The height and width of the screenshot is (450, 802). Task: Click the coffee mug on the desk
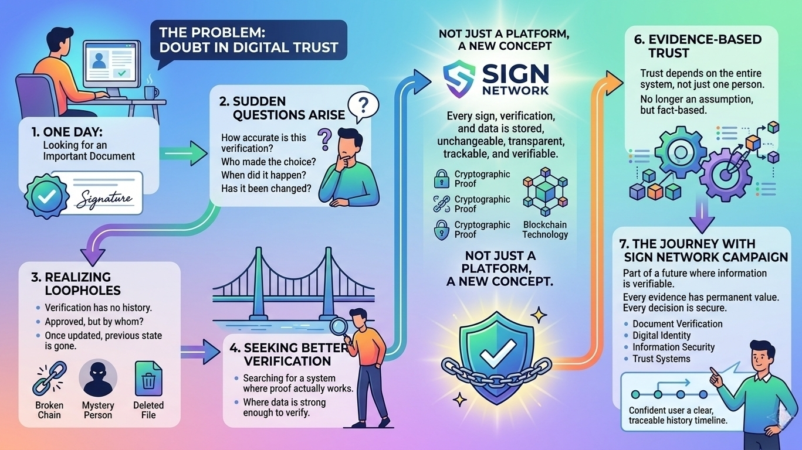click(150, 92)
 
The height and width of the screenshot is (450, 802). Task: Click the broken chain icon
click(49, 379)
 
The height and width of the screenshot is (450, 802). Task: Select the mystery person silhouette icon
click(97, 379)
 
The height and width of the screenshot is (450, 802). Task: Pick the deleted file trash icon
click(148, 379)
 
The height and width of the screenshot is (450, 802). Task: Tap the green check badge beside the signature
click(42, 196)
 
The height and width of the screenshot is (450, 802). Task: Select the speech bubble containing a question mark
click(363, 107)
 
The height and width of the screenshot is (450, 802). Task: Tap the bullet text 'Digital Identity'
click(661, 335)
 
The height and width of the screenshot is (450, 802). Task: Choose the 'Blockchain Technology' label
click(545, 230)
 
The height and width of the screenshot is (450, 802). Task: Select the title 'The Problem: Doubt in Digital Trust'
click(248, 39)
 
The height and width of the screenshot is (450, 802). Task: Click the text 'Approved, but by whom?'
click(94, 322)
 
